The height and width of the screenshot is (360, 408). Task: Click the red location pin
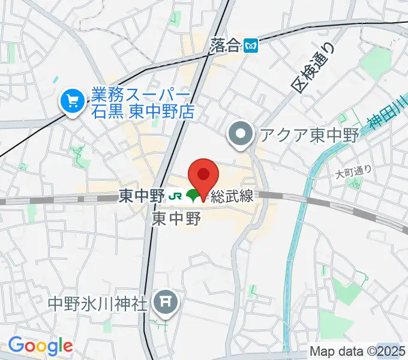click(x=203, y=175)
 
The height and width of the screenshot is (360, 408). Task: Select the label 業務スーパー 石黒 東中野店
click(x=141, y=103)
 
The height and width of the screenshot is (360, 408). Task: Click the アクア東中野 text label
click(x=308, y=135)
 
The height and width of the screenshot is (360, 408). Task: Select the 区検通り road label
click(x=311, y=65)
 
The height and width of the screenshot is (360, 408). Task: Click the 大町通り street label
click(x=354, y=172)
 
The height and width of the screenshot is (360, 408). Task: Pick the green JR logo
click(x=175, y=196)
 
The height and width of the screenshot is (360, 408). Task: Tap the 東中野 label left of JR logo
click(x=142, y=196)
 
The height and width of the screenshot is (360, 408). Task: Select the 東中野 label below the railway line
click(x=176, y=217)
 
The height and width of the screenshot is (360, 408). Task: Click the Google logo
click(x=40, y=346)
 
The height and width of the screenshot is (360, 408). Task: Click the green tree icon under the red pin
click(x=193, y=195)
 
